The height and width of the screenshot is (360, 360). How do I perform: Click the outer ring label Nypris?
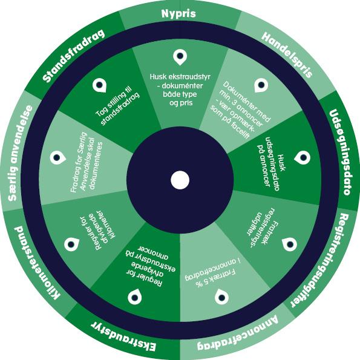(x=178, y=13)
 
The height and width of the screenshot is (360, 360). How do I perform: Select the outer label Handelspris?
(x=287, y=55)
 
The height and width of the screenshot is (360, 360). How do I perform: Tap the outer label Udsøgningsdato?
(x=340, y=152)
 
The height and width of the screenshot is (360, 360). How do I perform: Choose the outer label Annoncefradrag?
(x=238, y=333)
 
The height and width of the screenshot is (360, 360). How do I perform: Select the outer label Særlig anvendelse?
(x=20, y=153)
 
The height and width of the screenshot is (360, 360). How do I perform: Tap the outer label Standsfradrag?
(x=74, y=56)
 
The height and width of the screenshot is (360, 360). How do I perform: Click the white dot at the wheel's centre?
(x=180, y=180)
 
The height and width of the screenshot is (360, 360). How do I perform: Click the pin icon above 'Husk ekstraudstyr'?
(x=180, y=57)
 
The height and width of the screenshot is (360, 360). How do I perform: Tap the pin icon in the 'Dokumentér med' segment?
(x=261, y=85)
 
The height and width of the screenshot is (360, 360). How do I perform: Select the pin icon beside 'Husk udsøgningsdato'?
(x=302, y=158)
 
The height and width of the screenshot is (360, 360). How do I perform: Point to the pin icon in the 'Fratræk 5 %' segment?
(x=221, y=296)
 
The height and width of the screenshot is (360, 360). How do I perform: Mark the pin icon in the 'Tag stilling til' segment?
(x=99, y=85)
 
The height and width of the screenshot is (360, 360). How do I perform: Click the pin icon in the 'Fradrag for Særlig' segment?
(x=58, y=158)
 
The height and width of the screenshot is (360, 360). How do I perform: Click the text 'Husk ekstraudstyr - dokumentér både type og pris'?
(x=180, y=90)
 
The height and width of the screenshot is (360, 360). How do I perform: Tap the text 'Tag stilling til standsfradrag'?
(x=117, y=105)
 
